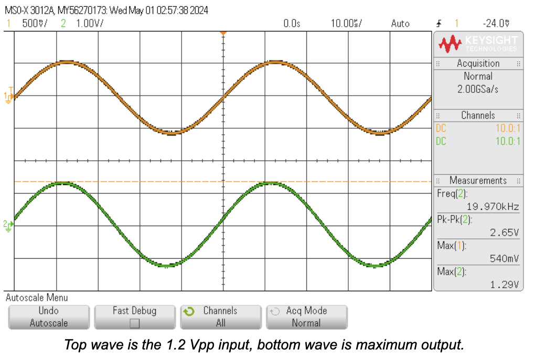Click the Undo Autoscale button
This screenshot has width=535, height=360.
coord(49,317)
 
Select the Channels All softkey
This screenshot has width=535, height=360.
coord(220,317)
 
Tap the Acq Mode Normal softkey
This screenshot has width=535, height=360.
coord(306,317)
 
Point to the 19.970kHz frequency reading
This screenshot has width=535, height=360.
coord(493,207)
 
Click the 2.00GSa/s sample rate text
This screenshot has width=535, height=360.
coord(478,89)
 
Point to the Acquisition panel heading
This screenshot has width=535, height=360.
coord(478,63)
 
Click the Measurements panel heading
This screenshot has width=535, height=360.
coord(478,181)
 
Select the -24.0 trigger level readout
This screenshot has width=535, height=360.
coord(496,24)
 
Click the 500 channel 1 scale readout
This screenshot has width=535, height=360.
coord(34,24)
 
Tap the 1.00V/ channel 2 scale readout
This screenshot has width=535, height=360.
coord(90,24)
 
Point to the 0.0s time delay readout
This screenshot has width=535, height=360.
coord(292,24)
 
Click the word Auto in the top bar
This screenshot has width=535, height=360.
coord(400,24)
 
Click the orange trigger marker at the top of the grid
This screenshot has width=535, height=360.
coord(223,33)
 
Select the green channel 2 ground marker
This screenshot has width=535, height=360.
coord(8,225)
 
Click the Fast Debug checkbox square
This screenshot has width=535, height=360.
coord(135,323)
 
